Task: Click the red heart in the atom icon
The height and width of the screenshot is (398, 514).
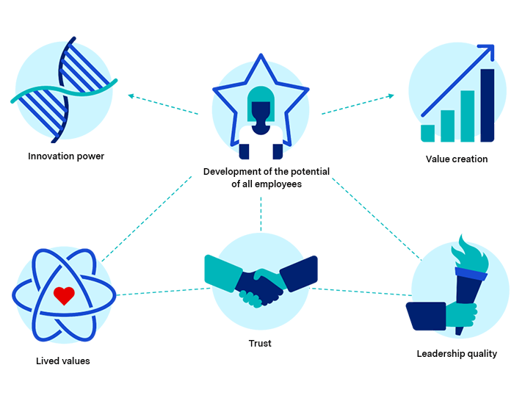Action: (x=64, y=295)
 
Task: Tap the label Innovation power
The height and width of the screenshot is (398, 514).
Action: (x=66, y=156)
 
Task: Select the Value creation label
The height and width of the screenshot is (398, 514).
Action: (x=457, y=159)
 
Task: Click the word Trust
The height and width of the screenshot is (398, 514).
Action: (x=260, y=343)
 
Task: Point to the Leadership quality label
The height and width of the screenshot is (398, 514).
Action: (x=457, y=354)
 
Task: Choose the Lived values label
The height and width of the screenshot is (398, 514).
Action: (x=63, y=361)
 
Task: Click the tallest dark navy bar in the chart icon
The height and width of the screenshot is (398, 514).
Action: (x=487, y=105)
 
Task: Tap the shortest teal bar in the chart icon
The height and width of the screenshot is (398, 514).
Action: (x=428, y=133)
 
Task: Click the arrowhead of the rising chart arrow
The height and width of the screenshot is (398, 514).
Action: (x=488, y=51)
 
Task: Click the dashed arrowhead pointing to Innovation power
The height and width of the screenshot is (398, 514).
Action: (x=131, y=95)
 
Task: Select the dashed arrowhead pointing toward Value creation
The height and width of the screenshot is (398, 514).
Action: (x=391, y=95)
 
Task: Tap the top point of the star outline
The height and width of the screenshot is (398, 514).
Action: (x=261, y=55)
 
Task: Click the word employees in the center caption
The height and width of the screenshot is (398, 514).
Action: (x=278, y=184)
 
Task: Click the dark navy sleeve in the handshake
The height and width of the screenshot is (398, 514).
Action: (x=298, y=274)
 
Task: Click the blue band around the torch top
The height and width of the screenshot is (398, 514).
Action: (x=471, y=274)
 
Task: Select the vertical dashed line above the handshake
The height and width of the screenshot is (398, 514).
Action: (x=261, y=214)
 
